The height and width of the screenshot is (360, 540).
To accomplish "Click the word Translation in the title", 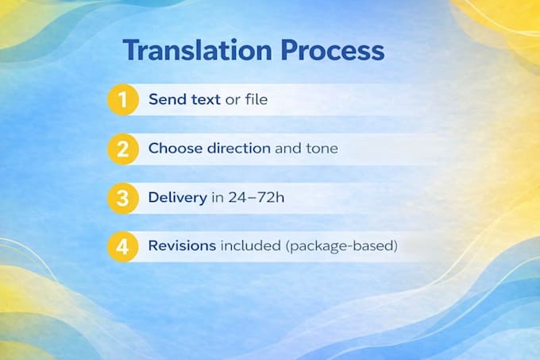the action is pos(197,50).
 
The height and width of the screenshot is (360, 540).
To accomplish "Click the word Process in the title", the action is pos(332,50).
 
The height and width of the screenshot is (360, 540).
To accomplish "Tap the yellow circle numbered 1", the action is pos(123,99).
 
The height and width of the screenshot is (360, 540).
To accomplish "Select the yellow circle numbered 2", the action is pos(123,149).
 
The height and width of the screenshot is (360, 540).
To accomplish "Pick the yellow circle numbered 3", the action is pos(123,198).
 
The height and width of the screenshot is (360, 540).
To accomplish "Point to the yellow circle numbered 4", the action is pos(123,246).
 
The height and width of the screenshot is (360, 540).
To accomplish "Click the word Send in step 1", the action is pos(168,99).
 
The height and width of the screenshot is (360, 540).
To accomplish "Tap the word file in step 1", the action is pos(256,99).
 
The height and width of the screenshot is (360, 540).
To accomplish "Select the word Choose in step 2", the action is pos(175,149).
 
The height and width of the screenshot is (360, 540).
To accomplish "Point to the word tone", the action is pos(322,149).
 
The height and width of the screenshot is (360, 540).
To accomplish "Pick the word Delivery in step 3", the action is pos(178,198).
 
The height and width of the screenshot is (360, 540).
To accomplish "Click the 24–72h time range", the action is pos(256,197).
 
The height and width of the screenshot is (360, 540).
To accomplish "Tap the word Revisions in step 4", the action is pos(182,246).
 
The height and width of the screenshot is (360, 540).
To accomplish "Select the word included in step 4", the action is pos(251,246).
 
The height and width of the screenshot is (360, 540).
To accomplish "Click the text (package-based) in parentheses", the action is pos(341,246).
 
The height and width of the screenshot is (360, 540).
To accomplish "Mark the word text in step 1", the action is pos(206,99).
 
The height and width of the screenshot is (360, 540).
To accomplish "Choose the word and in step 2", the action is pos(288,149).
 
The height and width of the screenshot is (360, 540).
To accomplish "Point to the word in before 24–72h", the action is pos(218,197).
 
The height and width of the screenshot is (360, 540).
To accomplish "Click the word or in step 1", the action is pos(233,100).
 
